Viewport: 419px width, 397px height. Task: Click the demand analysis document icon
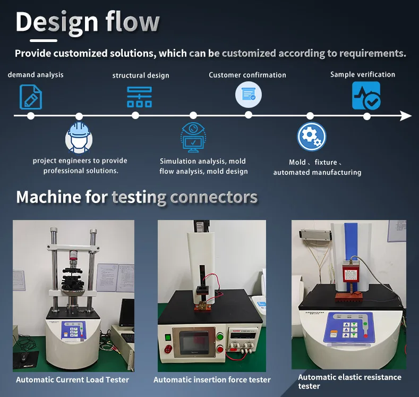tap(30, 97)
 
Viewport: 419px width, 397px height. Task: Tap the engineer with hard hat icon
tap(79, 138)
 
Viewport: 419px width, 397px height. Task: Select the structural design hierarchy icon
tap(139, 97)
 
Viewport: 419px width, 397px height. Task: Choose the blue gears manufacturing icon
tap(311, 137)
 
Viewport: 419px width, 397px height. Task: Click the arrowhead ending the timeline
tap(406, 116)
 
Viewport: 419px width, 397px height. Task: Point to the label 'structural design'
tap(141, 75)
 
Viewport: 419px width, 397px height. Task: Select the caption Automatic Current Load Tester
tap(72, 379)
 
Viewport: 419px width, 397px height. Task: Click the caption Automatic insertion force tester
tap(212, 379)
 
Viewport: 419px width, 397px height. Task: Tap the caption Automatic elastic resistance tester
tap(349, 381)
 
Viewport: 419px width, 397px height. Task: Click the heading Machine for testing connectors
tap(136, 197)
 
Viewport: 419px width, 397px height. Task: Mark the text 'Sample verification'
tap(363, 74)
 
